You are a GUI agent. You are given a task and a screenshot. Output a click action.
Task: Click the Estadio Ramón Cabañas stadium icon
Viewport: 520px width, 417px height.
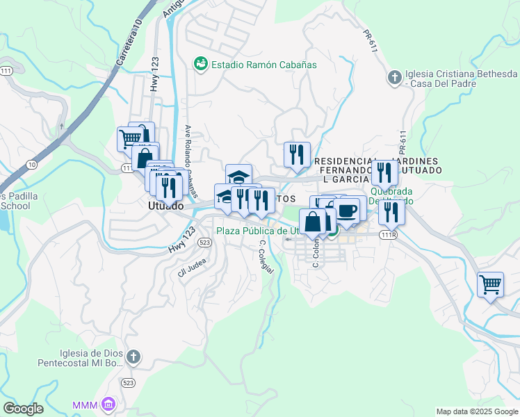point(201,64)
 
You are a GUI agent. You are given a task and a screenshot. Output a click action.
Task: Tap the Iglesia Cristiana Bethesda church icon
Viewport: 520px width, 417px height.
point(394,76)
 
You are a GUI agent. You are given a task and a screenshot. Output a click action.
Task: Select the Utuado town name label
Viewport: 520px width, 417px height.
point(165,206)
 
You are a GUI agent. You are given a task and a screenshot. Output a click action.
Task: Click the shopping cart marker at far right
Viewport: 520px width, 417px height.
point(491,284)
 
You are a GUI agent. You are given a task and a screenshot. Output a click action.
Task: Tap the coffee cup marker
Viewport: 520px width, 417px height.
point(347,210)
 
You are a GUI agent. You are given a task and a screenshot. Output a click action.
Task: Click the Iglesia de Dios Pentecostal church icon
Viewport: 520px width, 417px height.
point(133,357)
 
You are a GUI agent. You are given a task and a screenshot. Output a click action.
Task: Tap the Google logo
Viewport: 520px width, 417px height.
point(23,409)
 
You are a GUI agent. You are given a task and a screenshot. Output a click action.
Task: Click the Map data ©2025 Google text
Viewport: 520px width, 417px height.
point(477,411)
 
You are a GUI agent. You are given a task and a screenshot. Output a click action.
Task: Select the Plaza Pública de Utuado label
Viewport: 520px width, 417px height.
point(257,231)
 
